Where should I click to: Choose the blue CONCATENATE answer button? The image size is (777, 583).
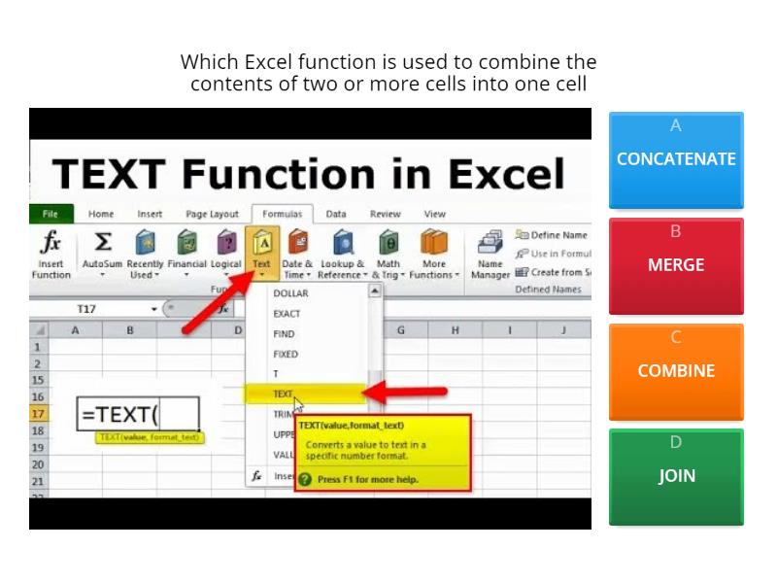tap(676, 159)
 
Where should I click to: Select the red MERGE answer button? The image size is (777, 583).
tap(676, 265)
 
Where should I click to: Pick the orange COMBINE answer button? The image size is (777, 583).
tap(676, 371)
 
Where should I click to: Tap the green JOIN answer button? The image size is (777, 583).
tap(676, 476)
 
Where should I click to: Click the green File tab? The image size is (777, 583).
tap(51, 214)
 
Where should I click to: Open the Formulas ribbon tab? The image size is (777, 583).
tap(283, 214)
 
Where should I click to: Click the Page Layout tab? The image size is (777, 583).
tap(212, 214)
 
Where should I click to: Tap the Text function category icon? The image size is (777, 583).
tap(262, 242)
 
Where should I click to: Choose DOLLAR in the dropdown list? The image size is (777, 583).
tap(290, 293)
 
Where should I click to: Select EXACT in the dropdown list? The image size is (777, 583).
tap(287, 314)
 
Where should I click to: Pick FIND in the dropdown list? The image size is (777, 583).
tap(284, 334)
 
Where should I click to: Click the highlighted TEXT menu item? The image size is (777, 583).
tap(283, 394)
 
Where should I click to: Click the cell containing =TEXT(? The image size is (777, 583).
tap(137, 414)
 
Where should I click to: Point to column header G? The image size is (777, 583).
tap(401, 330)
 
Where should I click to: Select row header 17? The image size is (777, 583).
tap(38, 414)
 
